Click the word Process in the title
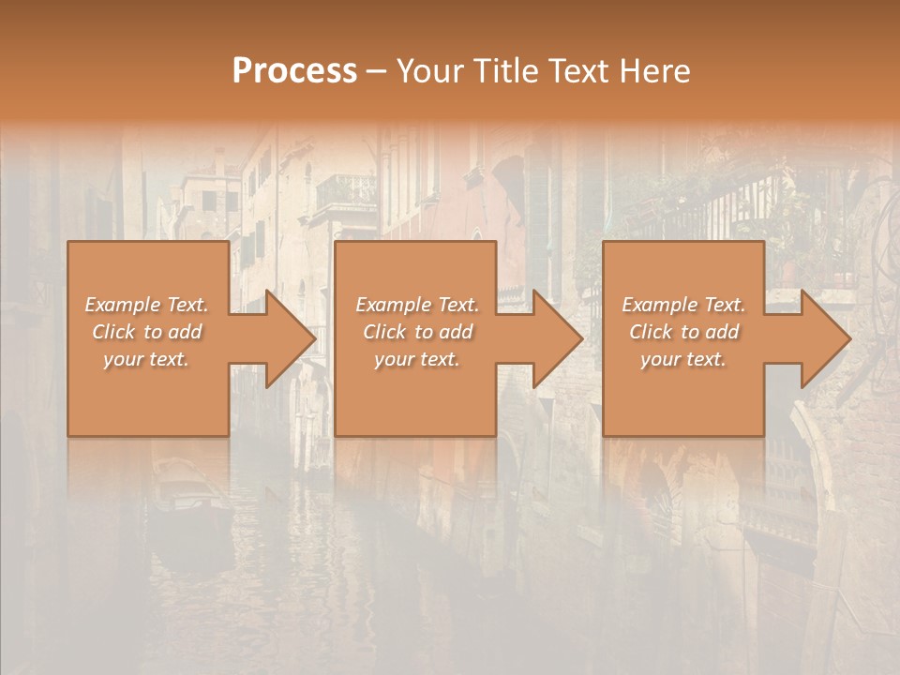(x=294, y=71)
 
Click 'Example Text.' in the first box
(x=146, y=305)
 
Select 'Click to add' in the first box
(x=146, y=332)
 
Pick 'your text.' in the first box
(x=146, y=359)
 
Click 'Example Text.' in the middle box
(x=417, y=305)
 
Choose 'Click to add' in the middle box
(x=417, y=332)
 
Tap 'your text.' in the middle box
(x=417, y=359)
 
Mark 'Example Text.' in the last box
(x=683, y=305)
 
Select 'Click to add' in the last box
(x=683, y=332)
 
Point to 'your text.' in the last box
(x=683, y=359)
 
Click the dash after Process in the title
(x=376, y=72)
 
